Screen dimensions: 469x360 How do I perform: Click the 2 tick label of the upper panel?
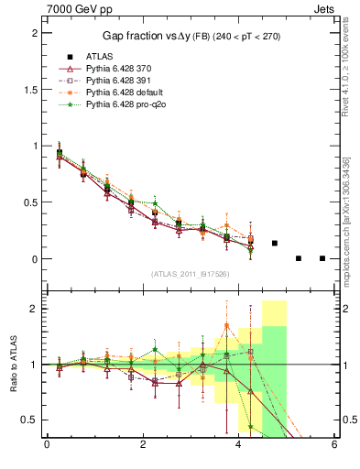click(34, 33)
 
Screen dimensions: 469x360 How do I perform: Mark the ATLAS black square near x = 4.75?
click(275, 243)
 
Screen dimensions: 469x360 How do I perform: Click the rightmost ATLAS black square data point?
click(322, 258)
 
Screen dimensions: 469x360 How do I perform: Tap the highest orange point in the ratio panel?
click(226, 325)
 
